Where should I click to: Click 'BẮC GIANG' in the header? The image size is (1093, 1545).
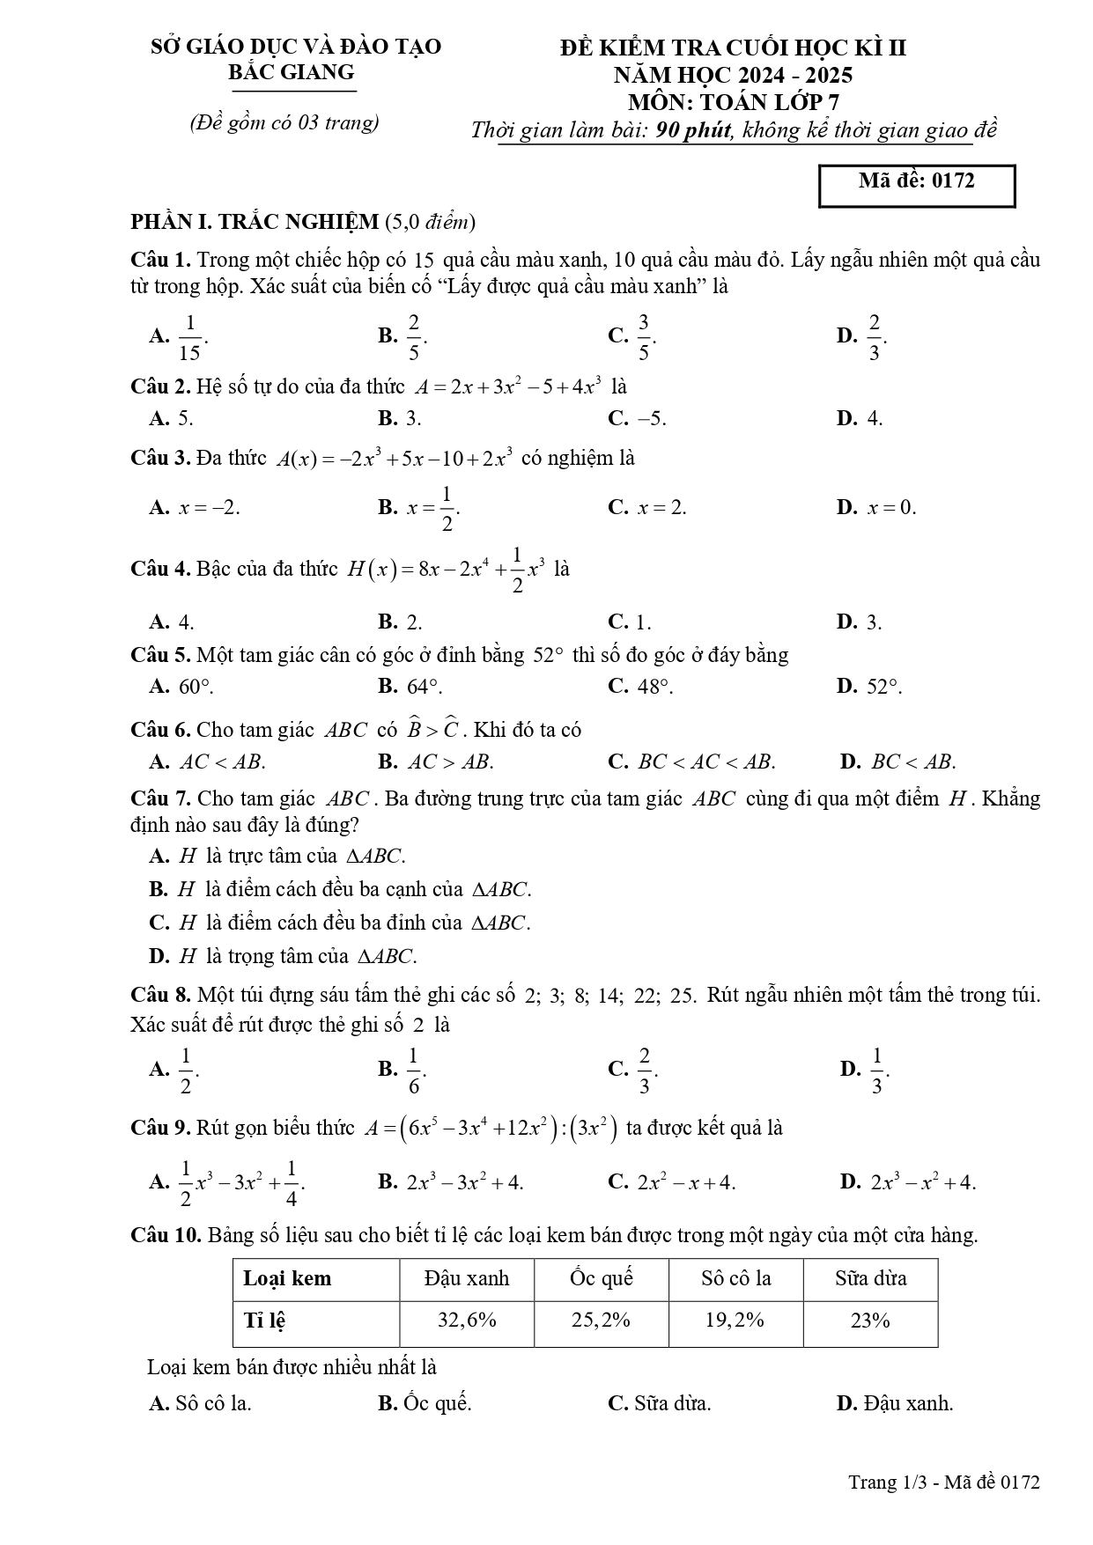point(292,72)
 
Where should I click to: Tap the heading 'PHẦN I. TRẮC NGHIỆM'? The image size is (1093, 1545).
point(255,221)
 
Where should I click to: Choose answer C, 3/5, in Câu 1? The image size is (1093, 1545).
point(632,335)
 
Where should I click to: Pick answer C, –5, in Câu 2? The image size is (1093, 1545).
point(637,418)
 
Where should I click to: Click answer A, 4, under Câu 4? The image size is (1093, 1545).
point(172,622)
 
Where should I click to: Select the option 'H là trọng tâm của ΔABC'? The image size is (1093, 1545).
point(284,956)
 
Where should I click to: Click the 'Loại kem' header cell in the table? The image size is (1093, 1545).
point(288,1278)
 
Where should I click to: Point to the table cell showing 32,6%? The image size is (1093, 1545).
point(467,1321)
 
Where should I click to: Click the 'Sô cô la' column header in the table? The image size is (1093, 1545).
point(735,1278)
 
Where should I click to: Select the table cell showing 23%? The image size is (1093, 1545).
point(869,1321)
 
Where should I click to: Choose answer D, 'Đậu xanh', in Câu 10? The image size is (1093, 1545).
point(895,1403)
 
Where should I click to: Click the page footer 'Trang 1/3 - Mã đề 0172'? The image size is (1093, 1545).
point(943,1482)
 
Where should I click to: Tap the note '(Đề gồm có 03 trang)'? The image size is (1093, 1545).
point(284,123)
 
